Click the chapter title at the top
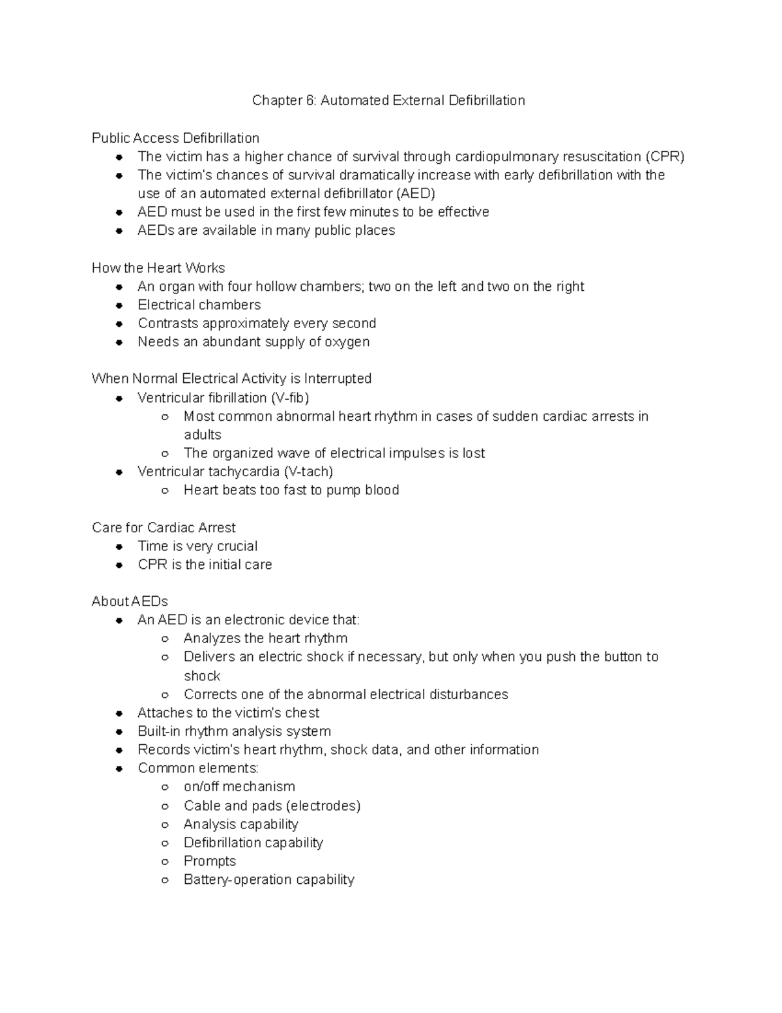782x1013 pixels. [388, 100]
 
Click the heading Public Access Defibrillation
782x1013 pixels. [175, 138]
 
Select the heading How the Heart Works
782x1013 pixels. [158, 268]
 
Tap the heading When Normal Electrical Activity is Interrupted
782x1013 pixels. [231, 379]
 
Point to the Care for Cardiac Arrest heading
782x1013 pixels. [164, 528]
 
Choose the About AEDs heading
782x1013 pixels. [130, 601]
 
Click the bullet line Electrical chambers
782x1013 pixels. [199, 305]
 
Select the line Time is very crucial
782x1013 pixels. [197, 547]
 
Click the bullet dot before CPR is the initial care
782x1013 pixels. [119, 566]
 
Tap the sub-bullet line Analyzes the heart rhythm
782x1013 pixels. [265, 639]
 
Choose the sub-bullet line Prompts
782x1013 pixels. [210, 862]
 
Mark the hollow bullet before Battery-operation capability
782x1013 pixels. [166, 881]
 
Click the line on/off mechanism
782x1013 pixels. [239, 787]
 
